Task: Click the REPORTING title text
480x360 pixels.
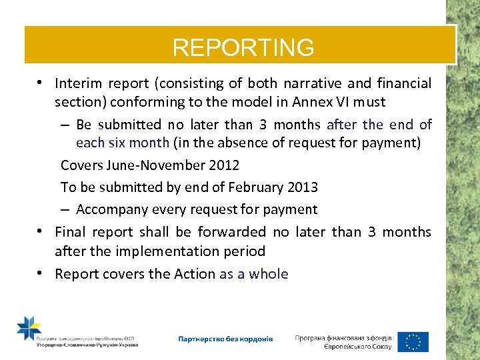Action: pyautogui.click(x=243, y=47)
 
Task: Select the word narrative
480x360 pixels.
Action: pyautogui.click(x=316, y=84)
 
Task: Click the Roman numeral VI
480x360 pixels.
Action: pyautogui.click(x=340, y=103)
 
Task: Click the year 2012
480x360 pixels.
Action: pyautogui.click(x=223, y=165)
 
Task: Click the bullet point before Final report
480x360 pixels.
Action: pyautogui.click(x=41, y=231)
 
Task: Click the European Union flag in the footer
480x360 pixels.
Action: pyautogui.click(x=413, y=341)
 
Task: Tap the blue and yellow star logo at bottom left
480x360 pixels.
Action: pyautogui.click(x=29, y=329)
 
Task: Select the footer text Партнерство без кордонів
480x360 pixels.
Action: pyautogui.click(x=225, y=339)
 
